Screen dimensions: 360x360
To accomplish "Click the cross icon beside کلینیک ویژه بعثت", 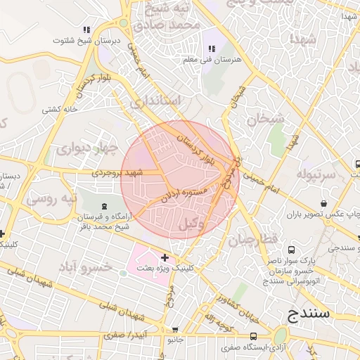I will [x=165, y=258].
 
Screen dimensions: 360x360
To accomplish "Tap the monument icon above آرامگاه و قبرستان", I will [x=105, y=206].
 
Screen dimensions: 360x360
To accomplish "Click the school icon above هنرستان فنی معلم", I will [x=211, y=49].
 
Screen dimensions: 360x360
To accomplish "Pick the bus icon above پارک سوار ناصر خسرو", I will [x=291, y=248].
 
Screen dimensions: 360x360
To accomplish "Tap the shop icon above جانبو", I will [x=175, y=329].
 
